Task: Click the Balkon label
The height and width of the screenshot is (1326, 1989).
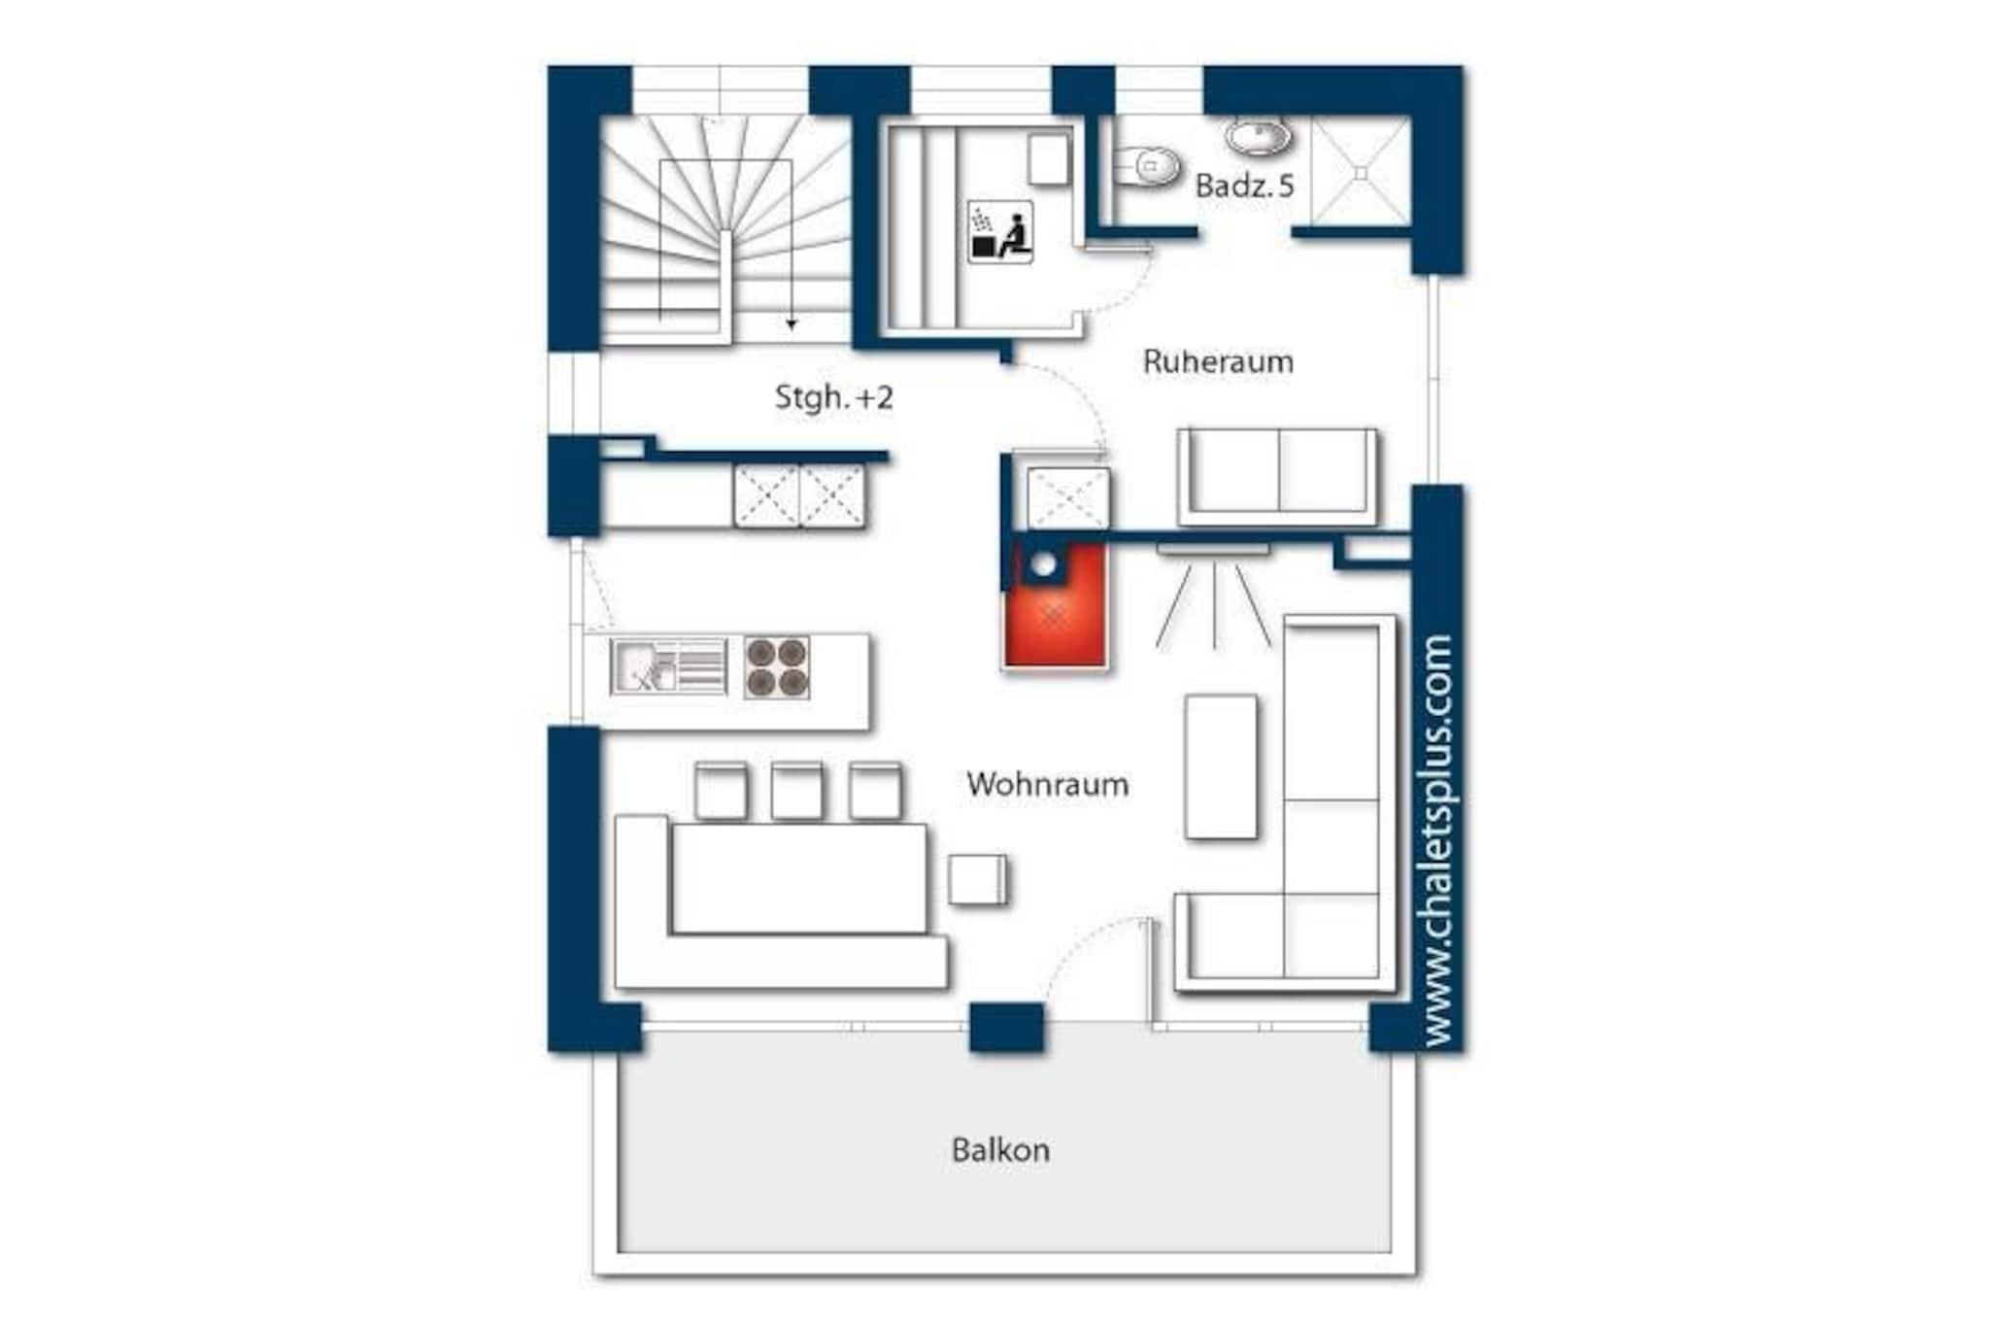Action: click(x=1000, y=1150)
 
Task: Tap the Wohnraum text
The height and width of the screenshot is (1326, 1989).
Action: click(x=1047, y=784)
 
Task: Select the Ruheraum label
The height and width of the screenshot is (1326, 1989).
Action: click(x=1218, y=361)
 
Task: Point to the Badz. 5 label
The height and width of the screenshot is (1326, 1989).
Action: click(x=1244, y=186)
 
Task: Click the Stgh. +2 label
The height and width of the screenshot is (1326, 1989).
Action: click(x=833, y=396)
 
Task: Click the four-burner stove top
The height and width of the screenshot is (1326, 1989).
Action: click(x=777, y=667)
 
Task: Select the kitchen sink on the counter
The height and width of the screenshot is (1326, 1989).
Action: click(x=668, y=666)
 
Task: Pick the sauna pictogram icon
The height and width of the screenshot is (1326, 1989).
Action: click(x=1000, y=232)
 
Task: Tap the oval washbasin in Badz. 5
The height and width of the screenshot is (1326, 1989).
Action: click(x=1259, y=137)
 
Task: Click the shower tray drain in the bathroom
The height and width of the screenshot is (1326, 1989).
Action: click(x=1362, y=174)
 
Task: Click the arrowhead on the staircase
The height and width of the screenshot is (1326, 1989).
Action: click(x=792, y=324)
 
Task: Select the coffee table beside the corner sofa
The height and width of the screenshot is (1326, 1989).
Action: click(x=1221, y=766)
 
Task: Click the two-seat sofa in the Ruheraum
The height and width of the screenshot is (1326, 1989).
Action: click(x=1277, y=476)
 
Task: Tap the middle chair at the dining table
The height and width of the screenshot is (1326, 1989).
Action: click(x=796, y=792)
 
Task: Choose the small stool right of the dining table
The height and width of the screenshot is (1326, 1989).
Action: click(x=977, y=880)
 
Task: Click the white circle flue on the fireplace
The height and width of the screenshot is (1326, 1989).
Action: click(x=1043, y=564)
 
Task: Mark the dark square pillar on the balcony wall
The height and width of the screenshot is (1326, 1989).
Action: click(x=1006, y=1028)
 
